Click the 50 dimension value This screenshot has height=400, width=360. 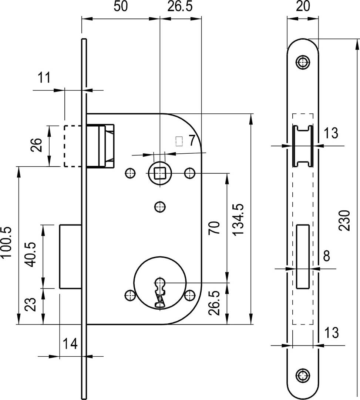pos(121,6)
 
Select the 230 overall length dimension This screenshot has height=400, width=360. pos(345,220)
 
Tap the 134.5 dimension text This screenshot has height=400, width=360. pos(239,219)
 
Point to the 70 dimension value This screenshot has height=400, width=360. pos(214,228)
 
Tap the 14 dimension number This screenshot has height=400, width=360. pos(70,344)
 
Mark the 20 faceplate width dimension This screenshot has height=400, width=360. pos(303,6)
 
